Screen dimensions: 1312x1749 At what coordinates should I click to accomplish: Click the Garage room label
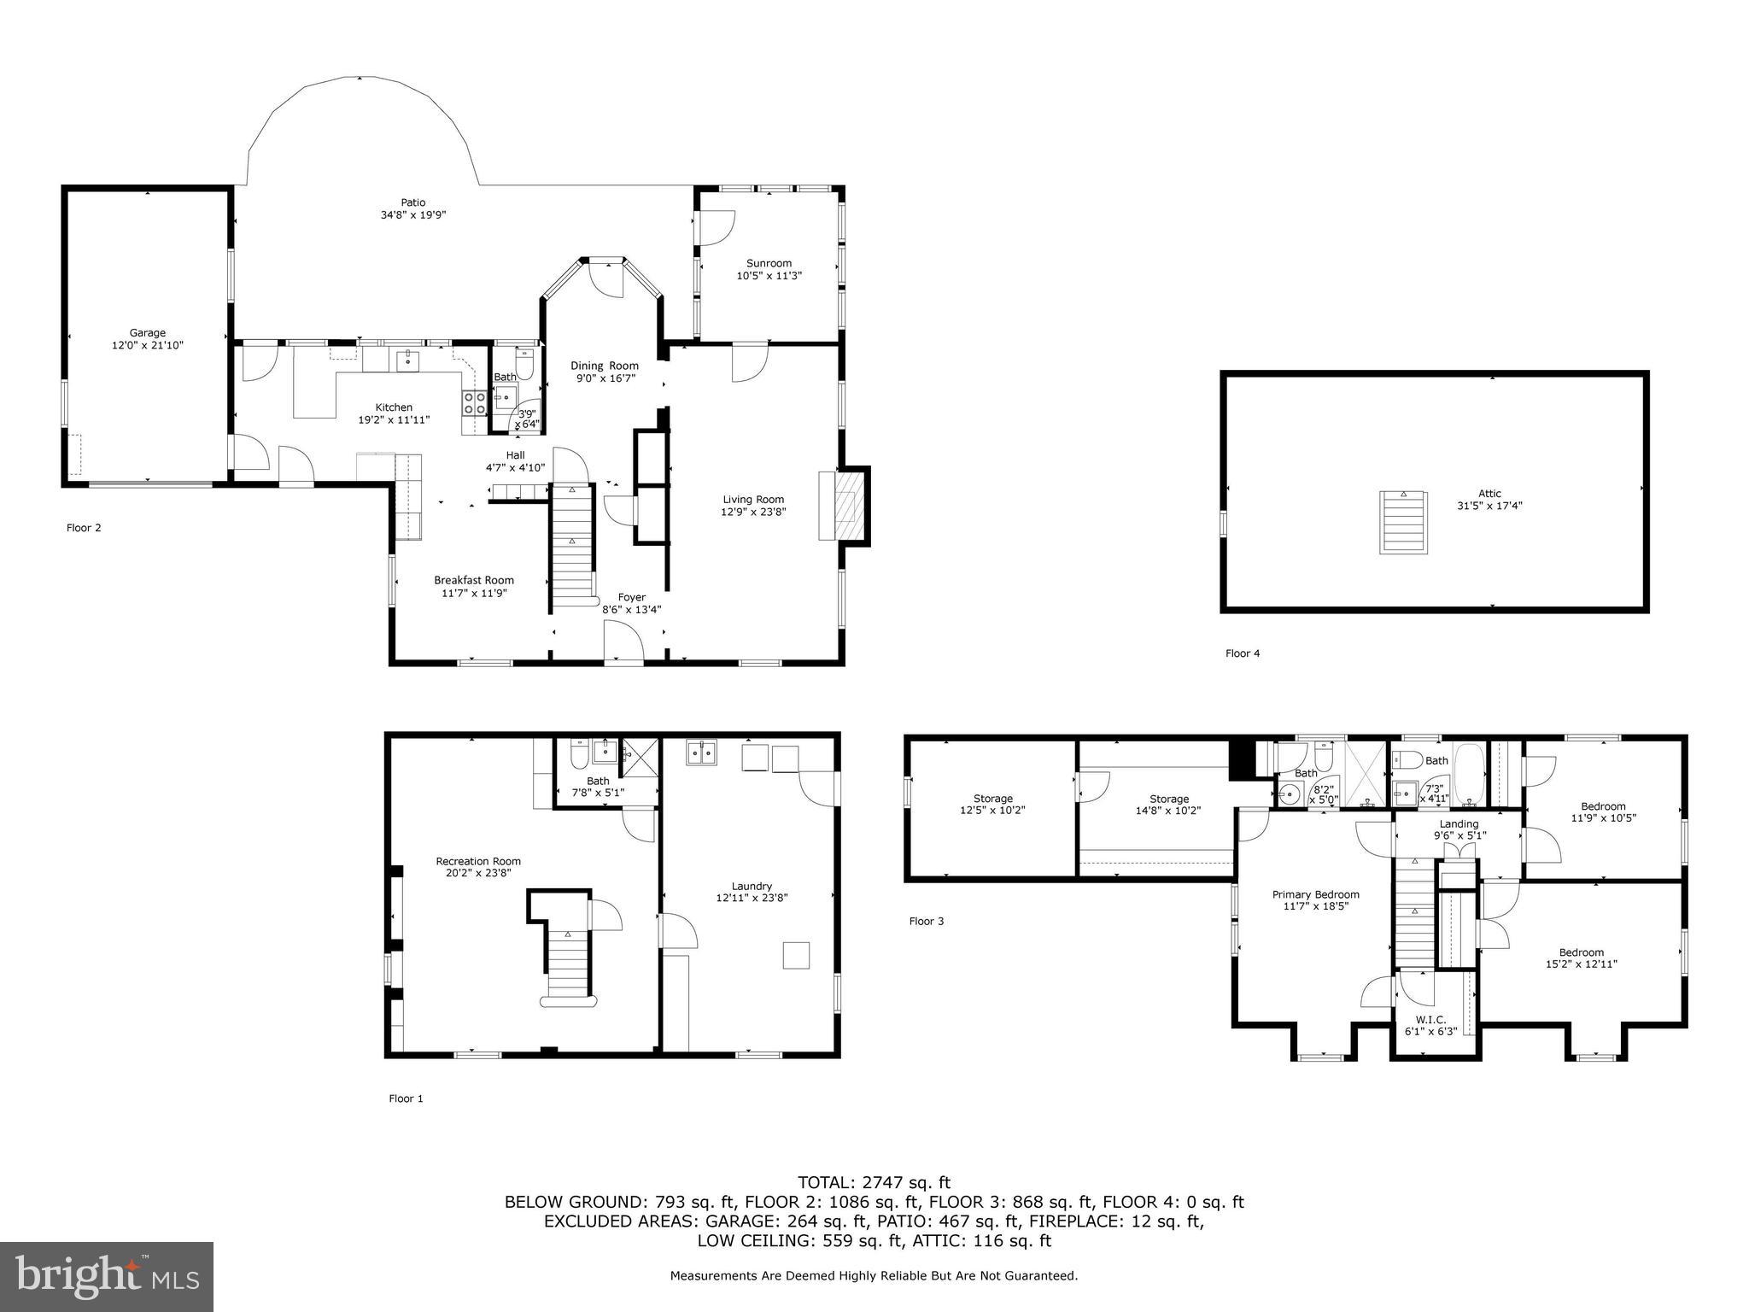tap(147, 333)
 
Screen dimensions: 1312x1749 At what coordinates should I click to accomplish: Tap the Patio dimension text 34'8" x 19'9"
tap(413, 215)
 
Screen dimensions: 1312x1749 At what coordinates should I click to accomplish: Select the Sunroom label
tap(769, 263)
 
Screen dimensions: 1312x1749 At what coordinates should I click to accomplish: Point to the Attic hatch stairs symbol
tap(1402, 521)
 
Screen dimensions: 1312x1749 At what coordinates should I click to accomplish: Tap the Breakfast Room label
tap(474, 580)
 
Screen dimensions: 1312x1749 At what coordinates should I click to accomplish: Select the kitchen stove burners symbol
tap(474, 402)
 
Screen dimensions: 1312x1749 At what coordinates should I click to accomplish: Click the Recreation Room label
tap(478, 861)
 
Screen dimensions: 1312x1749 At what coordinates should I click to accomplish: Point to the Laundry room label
tap(752, 886)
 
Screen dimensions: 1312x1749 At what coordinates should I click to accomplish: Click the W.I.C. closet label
tap(1430, 1020)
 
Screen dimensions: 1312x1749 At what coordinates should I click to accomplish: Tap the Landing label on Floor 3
tap(1459, 824)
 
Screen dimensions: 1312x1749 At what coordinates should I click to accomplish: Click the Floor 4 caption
tap(1242, 653)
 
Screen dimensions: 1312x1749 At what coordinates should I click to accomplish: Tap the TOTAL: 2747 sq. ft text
tap(874, 1182)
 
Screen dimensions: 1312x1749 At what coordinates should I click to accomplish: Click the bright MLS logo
tap(107, 1276)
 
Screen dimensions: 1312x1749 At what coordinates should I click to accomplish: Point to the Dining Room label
tap(605, 366)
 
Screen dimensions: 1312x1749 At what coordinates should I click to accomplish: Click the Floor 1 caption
tap(406, 1098)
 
